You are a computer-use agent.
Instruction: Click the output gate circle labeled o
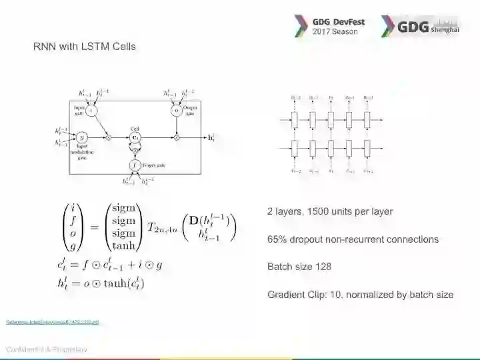177,111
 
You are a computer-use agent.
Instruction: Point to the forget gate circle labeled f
135,164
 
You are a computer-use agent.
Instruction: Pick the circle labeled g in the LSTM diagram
81,137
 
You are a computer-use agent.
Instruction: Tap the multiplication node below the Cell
135,151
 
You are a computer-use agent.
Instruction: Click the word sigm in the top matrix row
123,209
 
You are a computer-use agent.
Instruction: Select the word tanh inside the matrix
123,245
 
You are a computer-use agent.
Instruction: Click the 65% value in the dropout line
277,239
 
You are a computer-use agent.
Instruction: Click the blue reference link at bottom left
52,322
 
